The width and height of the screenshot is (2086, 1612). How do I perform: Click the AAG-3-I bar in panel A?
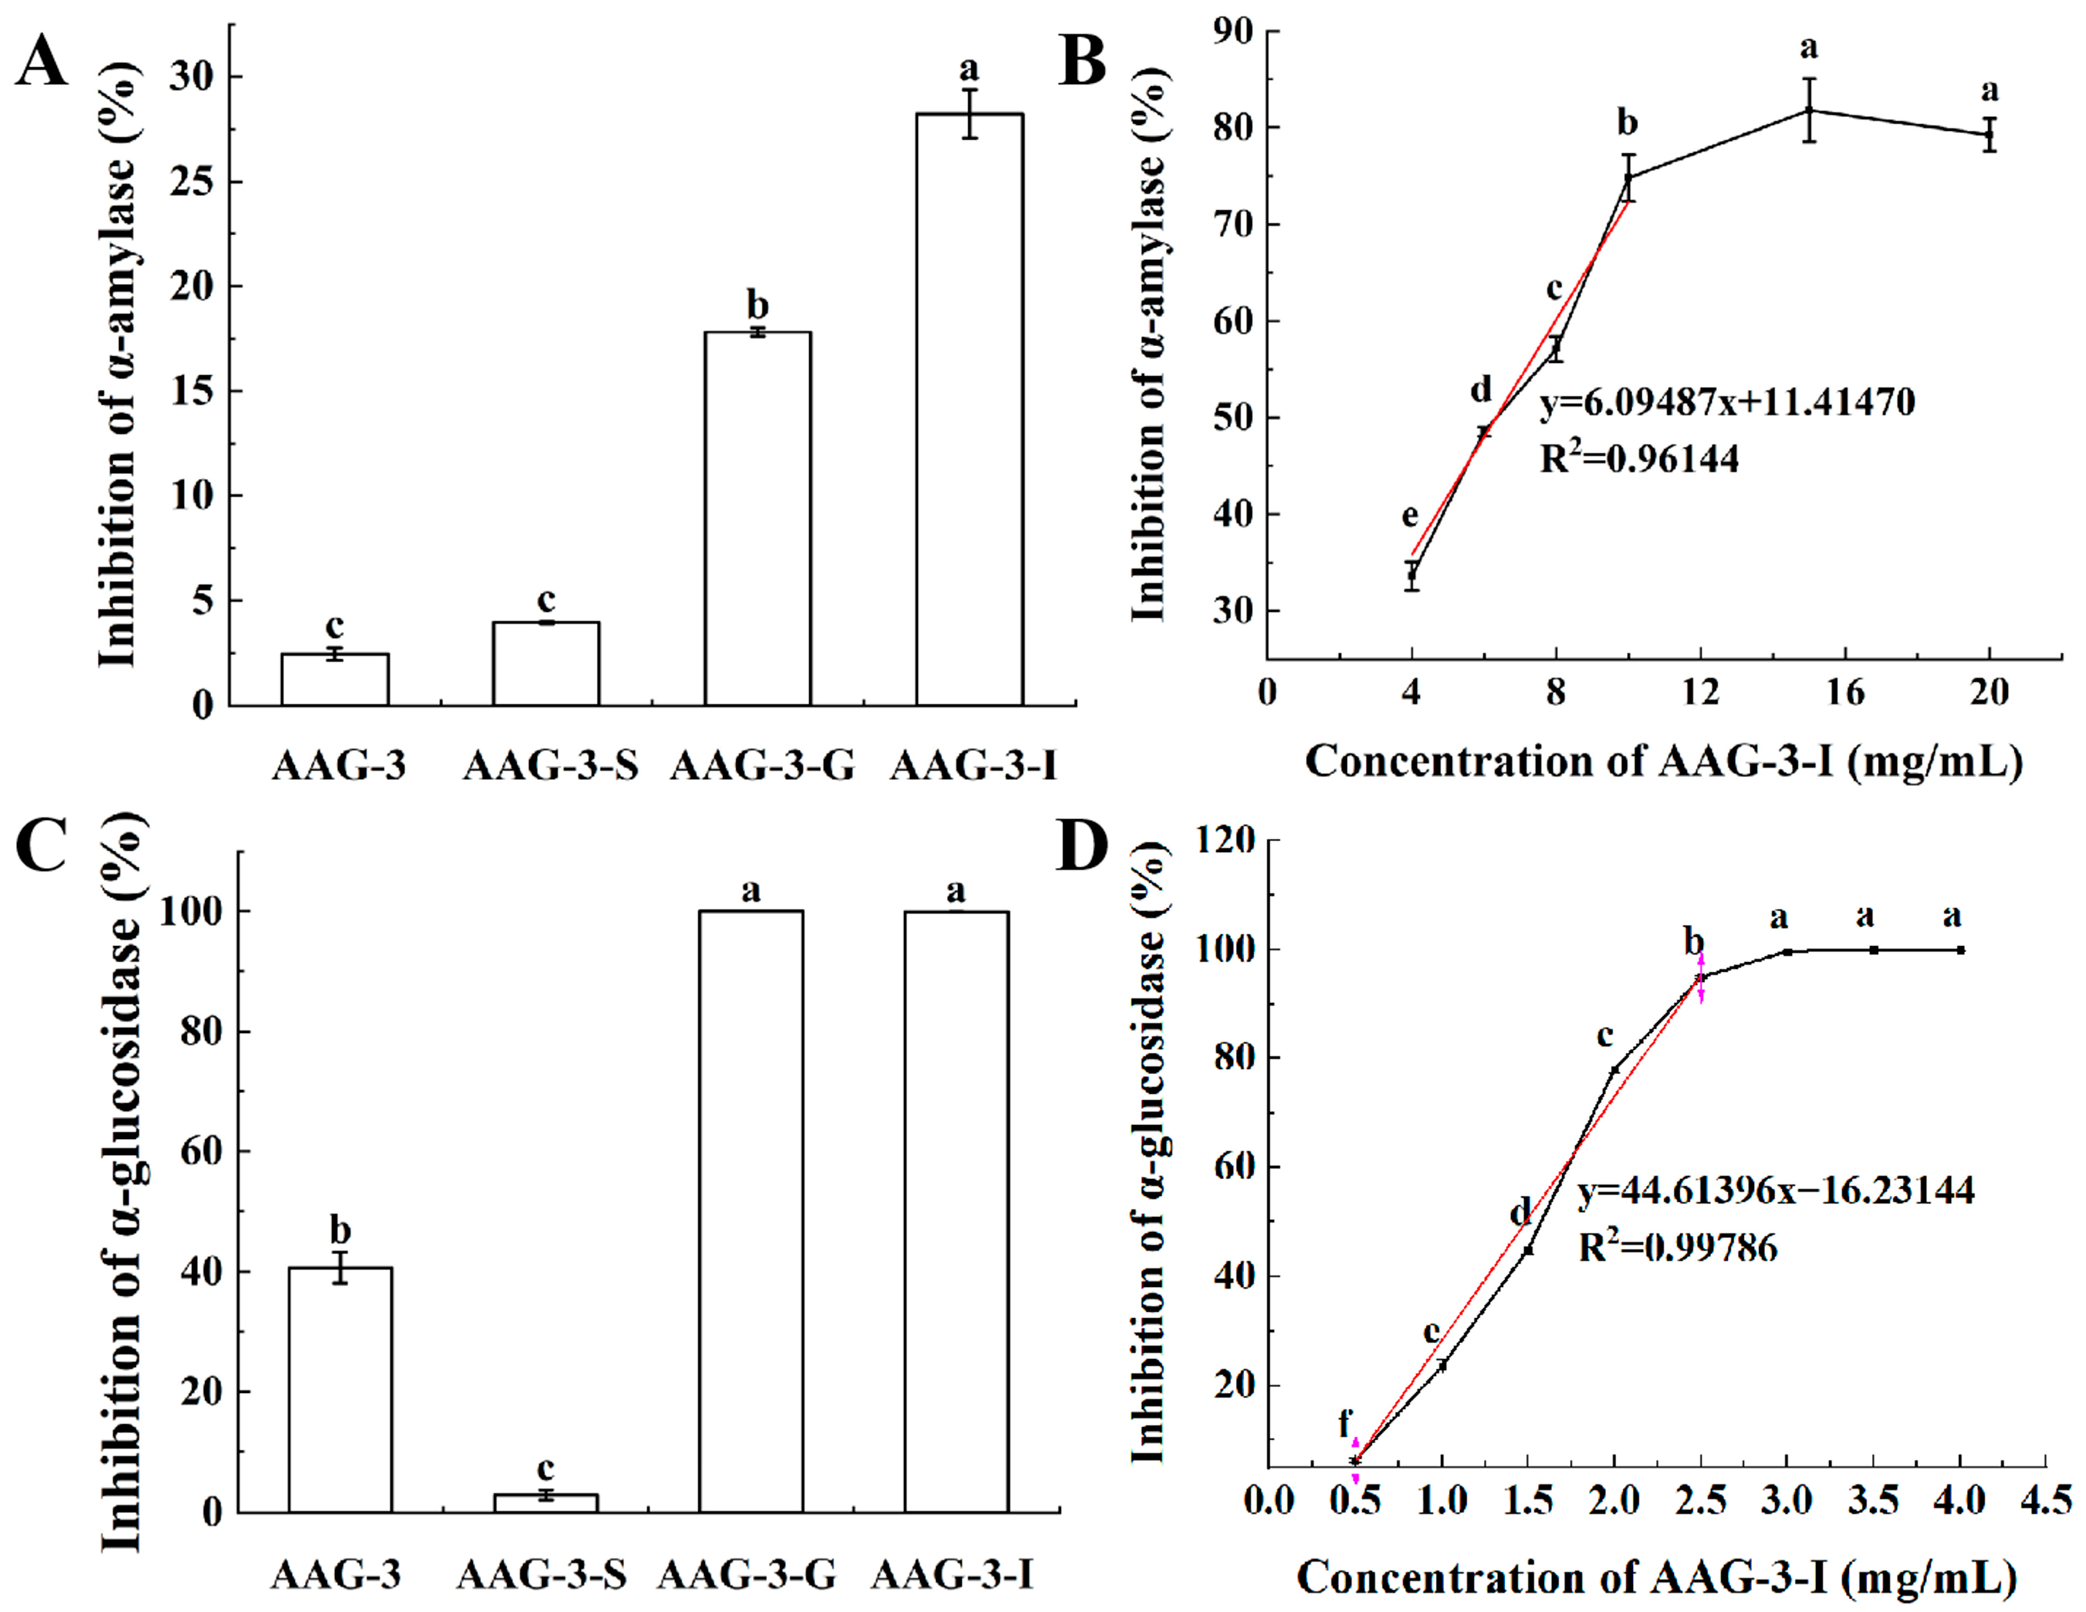tap(969, 411)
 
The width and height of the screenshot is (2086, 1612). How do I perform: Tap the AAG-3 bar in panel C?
tap(340, 1390)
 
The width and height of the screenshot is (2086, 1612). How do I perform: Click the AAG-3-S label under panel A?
tap(550, 766)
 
